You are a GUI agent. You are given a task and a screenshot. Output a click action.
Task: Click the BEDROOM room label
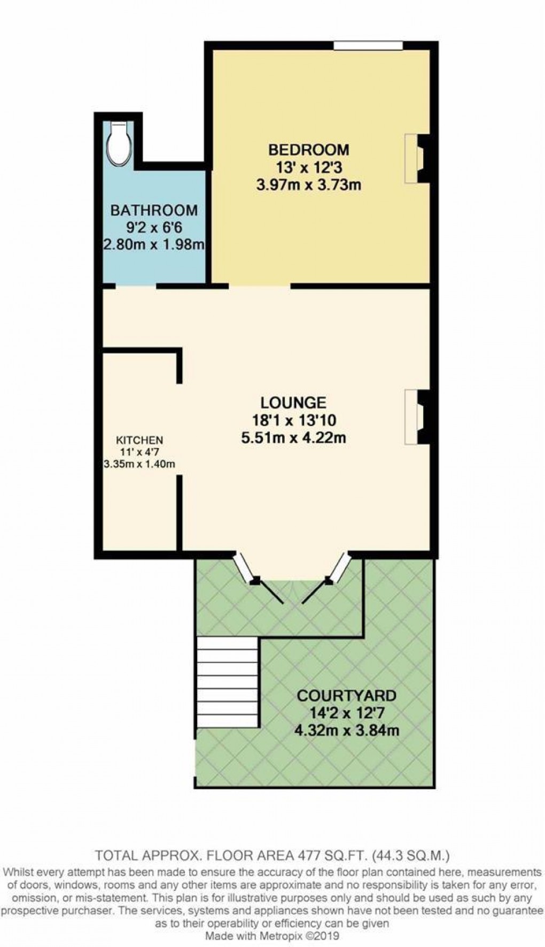click(x=308, y=149)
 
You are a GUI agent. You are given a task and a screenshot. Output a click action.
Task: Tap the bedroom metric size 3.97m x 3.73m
click(x=308, y=185)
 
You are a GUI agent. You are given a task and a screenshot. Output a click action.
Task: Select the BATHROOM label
click(x=154, y=210)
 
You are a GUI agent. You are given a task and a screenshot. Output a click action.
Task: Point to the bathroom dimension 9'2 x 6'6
click(x=154, y=227)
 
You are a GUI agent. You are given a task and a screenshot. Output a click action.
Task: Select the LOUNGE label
click(x=293, y=402)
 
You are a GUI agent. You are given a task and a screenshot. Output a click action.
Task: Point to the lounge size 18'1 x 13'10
click(x=293, y=420)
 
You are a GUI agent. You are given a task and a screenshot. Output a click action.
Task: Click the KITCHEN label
click(x=139, y=441)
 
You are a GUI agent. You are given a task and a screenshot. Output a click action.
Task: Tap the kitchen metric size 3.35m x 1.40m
click(x=139, y=464)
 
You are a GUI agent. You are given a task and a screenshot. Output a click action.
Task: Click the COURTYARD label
click(x=347, y=696)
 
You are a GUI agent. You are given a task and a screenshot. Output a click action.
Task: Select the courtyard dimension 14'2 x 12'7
click(x=347, y=713)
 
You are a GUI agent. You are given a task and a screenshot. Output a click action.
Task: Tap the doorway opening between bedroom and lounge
click(x=260, y=286)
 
